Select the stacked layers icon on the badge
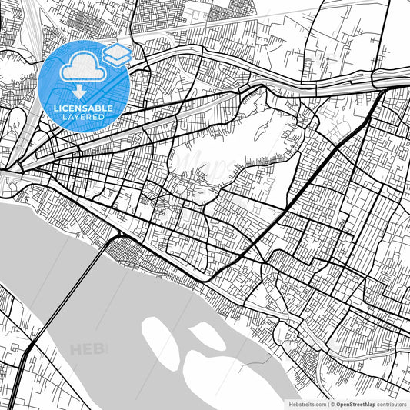[x=117, y=54]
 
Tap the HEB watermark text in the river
[x=88, y=350]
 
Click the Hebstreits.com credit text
[x=303, y=404]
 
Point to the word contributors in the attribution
[x=392, y=404]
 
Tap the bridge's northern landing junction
[x=117, y=234]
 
